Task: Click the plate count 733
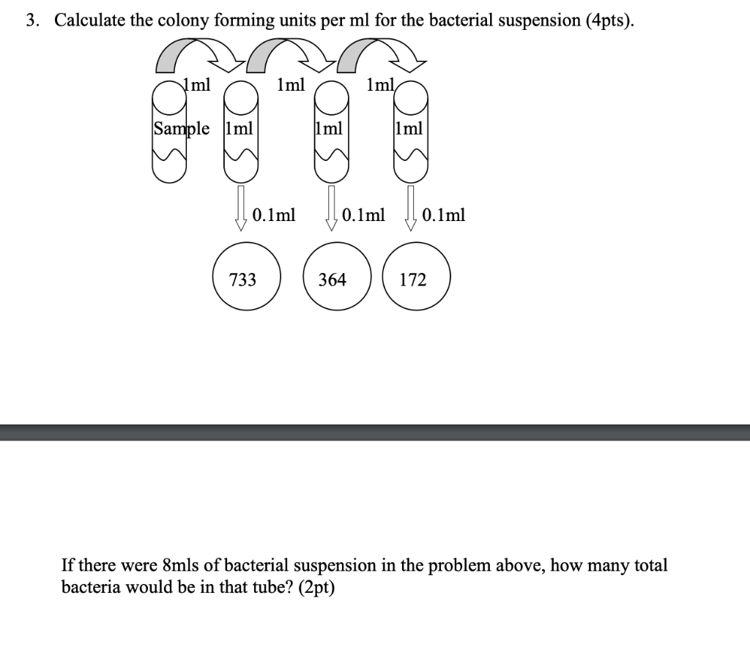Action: coord(242,280)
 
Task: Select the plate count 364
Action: coord(332,280)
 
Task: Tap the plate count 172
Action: coord(413,280)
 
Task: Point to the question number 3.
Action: coord(31,20)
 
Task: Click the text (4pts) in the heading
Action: coord(609,20)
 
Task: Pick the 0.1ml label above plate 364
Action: coord(363,215)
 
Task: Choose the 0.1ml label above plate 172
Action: coord(444,215)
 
